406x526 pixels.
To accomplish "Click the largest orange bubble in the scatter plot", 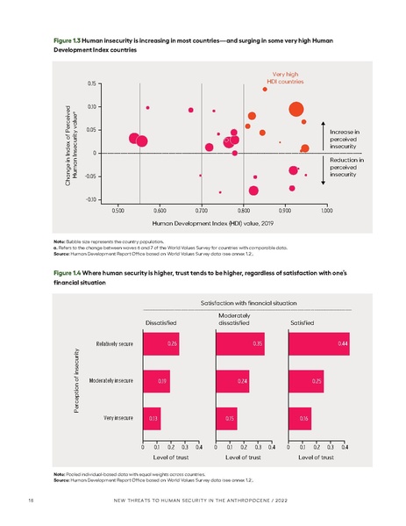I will [296, 109].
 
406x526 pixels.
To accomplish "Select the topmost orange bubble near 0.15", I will [265, 89].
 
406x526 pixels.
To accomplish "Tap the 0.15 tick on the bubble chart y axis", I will [91, 83].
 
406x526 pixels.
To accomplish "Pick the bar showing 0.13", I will [152, 419].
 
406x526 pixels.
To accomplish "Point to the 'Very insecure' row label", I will [118, 419].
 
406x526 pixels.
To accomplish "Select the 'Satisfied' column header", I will [302, 324].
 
